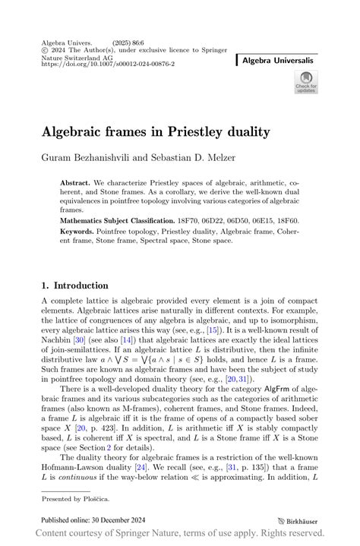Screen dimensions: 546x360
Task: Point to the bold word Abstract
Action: (x=76, y=184)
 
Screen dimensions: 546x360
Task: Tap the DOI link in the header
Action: (x=108, y=65)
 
